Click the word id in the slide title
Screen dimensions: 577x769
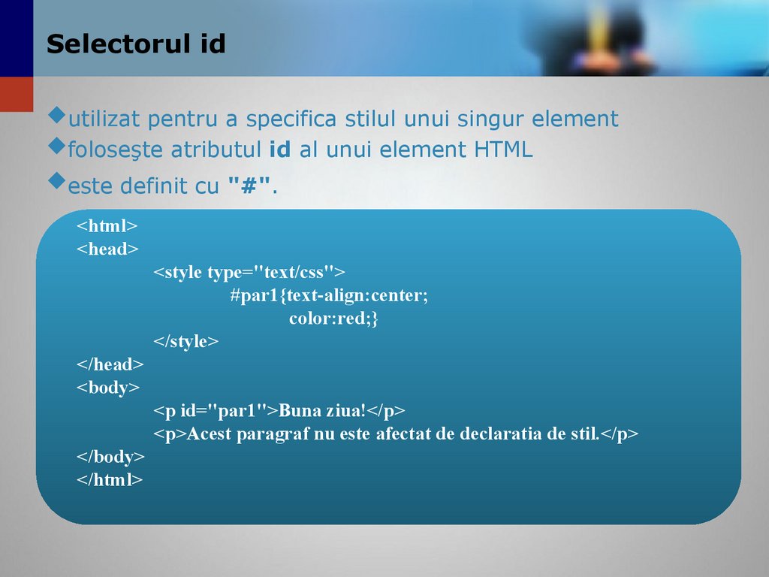click(x=213, y=44)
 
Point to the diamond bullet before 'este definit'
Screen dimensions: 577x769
click(x=56, y=180)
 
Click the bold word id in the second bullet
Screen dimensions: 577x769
click(x=279, y=150)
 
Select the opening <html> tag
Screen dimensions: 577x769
click(x=107, y=226)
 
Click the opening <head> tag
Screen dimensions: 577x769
click(x=107, y=249)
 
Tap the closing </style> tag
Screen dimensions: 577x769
click(x=186, y=342)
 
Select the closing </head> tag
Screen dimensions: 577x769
click(x=110, y=365)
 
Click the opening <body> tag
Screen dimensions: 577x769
click(x=107, y=388)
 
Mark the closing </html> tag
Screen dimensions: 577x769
click(x=109, y=480)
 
